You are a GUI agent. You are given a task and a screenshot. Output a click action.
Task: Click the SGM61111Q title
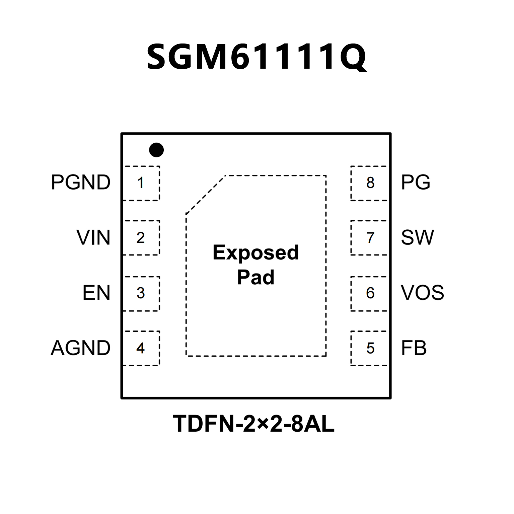coord(257,57)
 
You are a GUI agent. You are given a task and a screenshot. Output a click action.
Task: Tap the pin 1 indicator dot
coord(156,150)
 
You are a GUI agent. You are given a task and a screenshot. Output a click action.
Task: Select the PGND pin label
coord(81,182)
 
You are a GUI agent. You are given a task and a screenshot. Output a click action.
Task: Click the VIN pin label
coord(93,238)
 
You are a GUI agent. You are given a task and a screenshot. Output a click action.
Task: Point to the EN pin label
coord(96,293)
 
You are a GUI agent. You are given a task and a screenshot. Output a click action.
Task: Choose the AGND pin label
coord(81,348)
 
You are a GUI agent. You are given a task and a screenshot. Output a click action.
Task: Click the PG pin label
coord(416,182)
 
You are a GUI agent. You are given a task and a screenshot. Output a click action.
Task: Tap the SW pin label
coord(417,238)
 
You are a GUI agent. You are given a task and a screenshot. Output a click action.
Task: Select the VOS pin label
coord(423,293)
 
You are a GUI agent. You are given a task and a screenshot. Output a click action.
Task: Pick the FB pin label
coord(414,348)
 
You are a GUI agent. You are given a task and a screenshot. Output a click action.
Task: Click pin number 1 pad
coord(141,183)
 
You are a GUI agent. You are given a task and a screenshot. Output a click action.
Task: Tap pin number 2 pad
coord(141,238)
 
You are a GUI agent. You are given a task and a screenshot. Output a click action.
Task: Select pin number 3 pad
coord(141,294)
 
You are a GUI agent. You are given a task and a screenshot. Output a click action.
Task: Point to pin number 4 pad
coord(141,348)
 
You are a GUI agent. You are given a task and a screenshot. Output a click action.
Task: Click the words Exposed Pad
coord(256,265)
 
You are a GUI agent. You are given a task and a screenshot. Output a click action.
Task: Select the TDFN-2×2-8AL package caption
coord(253,424)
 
